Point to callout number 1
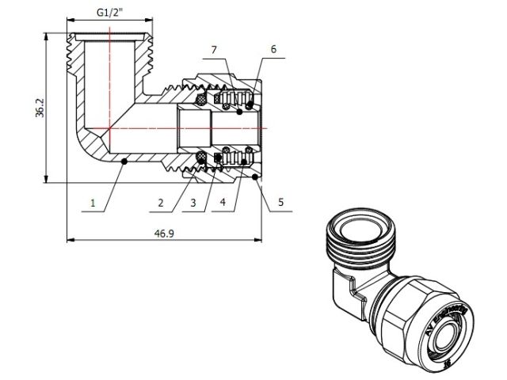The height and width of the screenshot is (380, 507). [93, 203]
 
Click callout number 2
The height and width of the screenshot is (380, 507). [160, 203]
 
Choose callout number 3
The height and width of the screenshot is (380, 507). [191, 203]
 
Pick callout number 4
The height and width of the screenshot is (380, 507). [223, 203]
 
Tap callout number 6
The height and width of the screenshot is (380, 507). [273, 49]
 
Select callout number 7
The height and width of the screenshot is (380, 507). [213, 50]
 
